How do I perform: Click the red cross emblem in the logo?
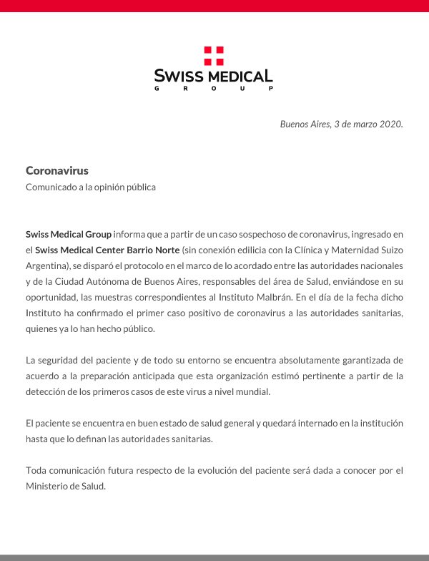[x=214, y=55]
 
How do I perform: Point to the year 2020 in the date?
[x=388, y=124]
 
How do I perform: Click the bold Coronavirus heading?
[x=56, y=170]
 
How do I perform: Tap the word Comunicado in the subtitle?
[x=52, y=187]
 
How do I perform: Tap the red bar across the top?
[x=214, y=6]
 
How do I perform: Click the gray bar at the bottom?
[x=214, y=557]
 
